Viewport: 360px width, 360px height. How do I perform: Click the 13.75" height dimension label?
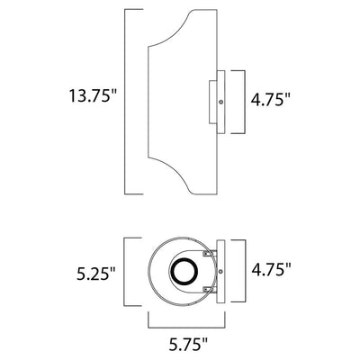(x=93, y=95)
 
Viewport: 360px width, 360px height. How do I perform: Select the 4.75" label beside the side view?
(x=272, y=100)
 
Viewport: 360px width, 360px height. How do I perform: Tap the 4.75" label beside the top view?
(x=272, y=269)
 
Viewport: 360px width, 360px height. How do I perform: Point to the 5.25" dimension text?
(x=96, y=274)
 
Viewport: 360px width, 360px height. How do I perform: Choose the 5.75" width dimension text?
(x=187, y=344)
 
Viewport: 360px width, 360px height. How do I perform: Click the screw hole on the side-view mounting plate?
(x=220, y=103)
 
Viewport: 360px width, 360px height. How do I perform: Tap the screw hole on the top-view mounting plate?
(x=220, y=272)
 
